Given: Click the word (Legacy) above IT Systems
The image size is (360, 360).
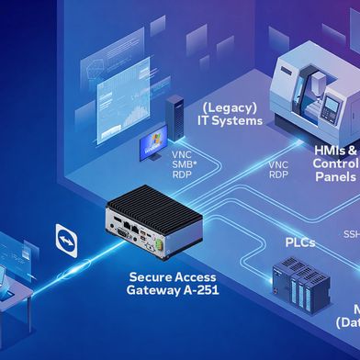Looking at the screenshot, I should (x=231, y=106).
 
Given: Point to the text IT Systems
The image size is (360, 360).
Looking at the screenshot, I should (x=231, y=120).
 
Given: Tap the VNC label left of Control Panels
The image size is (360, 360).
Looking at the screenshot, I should (x=277, y=165).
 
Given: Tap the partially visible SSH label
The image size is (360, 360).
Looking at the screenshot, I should (x=352, y=234).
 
